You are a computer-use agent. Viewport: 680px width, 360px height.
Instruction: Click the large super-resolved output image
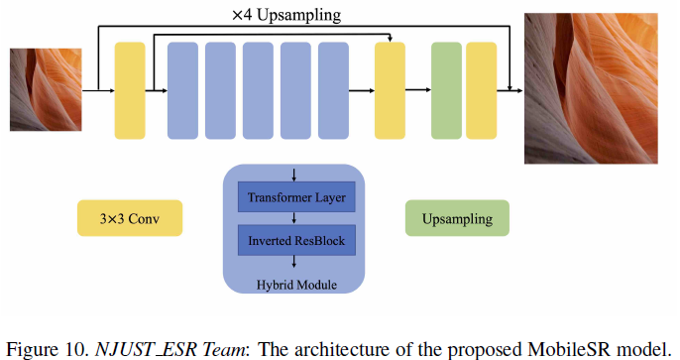tap(590, 88)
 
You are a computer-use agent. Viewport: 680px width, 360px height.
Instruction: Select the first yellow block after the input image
tap(131, 90)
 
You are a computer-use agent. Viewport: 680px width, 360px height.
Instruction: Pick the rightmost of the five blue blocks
tap(333, 90)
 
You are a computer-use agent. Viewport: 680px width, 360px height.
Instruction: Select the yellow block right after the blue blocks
tap(391, 90)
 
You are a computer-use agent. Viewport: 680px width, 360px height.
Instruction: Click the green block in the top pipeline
tap(447, 90)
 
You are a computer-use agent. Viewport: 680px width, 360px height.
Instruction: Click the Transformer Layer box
tap(296, 198)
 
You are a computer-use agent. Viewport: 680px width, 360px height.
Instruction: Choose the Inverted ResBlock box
tap(296, 240)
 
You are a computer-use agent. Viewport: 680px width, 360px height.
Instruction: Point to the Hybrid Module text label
tap(296, 285)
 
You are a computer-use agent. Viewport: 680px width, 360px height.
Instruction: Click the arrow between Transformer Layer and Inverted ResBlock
tap(296, 219)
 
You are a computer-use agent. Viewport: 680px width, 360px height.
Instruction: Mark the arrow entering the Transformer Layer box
tap(296, 176)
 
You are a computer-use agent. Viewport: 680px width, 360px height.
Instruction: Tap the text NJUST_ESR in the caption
tap(130, 348)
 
